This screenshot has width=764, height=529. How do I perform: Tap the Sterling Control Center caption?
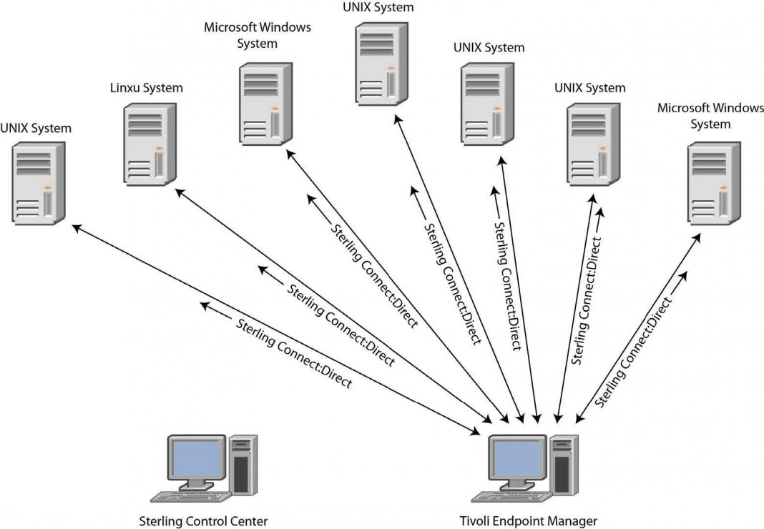tap(205, 521)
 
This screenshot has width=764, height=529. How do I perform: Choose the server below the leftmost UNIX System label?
tap(39, 183)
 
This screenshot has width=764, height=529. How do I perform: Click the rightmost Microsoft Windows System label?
tap(710, 116)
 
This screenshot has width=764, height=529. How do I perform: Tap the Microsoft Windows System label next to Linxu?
tap(258, 36)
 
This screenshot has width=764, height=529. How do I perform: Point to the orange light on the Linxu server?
tap(160, 149)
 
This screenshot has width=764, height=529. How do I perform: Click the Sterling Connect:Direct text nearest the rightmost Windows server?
tap(634, 350)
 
